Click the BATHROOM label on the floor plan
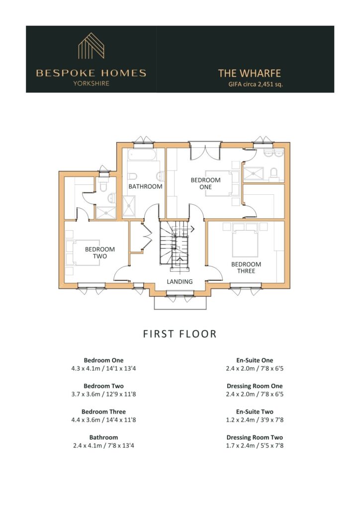pyautogui.click(x=145, y=186)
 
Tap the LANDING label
pyautogui.click(x=180, y=281)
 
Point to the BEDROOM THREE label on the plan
pyautogui.click(x=246, y=267)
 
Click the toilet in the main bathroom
pyautogui.click(x=132, y=176)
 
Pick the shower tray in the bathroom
pyautogui.click(x=129, y=206)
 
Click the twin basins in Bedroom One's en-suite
pyautogui.click(x=273, y=153)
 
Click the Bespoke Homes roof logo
pyautogui.click(x=91, y=45)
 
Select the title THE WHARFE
pyautogui.click(x=249, y=73)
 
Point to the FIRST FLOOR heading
pyautogui.click(x=180, y=334)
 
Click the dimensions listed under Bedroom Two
pyautogui.click(x=103, y=394)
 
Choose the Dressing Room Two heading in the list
pyautogui.click(x=255, y=437)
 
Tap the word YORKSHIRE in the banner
pyautogui.click(x=91, y=83)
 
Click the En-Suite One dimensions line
pyautogui.click(x=255, y=368)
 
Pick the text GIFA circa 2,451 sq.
pyautogui.click(x=256, y=84)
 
